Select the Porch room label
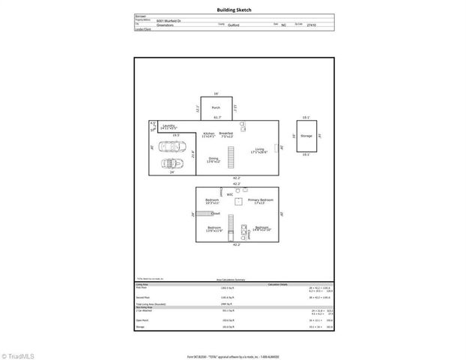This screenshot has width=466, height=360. (216, 108)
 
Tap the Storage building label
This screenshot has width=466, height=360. (306, 136)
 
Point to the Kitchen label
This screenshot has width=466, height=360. (208, 133)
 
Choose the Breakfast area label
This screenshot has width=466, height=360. (226, 133)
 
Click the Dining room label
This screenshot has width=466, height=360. (214, 158)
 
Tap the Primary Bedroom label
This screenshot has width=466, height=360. (261, 200)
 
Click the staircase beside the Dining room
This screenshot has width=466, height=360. (232, 157)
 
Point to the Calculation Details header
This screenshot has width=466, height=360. (279, 285)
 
